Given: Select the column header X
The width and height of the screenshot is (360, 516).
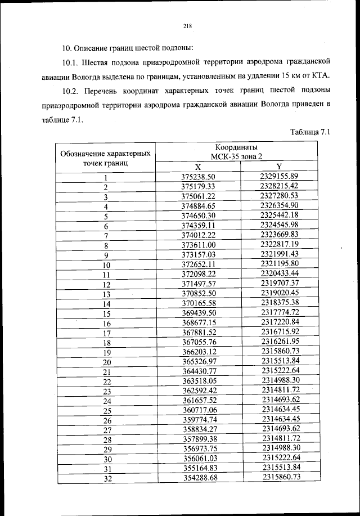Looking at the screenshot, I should (x=198, y=167).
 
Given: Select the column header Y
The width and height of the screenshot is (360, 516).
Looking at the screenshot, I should (x=279, y=167).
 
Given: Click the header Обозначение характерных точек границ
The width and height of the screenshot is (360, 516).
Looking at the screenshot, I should (x=105, y=158).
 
